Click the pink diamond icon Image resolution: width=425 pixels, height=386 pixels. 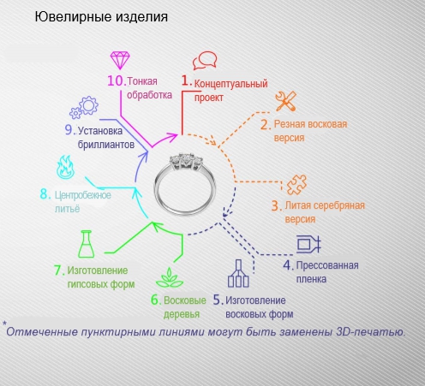(120, 60)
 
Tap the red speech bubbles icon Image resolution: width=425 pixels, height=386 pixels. (205, 61)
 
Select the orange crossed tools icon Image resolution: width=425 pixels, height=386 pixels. (285, 101)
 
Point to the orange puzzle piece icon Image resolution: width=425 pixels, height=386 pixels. (296, 185)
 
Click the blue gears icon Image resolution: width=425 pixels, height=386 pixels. (84, 108)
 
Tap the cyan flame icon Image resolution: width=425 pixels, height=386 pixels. (66, 167)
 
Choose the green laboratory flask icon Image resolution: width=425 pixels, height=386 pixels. (87, 244)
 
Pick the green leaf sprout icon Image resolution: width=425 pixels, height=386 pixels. (170, 277)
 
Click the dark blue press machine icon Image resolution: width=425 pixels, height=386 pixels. (308, 244)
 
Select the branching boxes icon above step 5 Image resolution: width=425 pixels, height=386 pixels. (238, 273)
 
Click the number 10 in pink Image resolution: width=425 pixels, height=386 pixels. (117, 80)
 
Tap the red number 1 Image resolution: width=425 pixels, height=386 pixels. (186, 80)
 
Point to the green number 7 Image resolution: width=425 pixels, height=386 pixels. (59, 270)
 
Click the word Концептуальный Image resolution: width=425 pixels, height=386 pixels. (230, 84)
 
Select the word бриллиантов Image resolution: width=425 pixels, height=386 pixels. (106, 145)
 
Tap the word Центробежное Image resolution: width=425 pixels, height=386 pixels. (83, 195)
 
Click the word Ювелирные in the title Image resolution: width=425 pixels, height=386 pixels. (73, 16)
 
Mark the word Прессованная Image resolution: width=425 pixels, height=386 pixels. (327, 265)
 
